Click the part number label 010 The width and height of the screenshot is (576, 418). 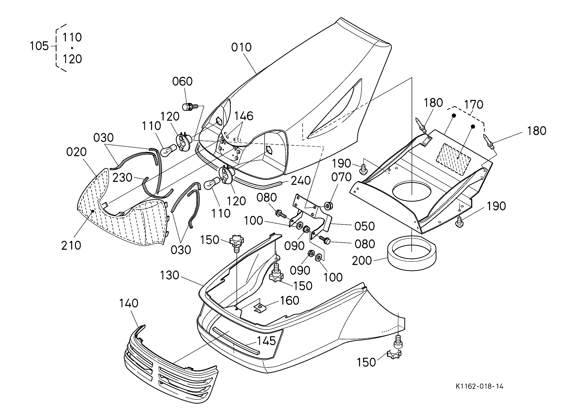click(x=241, y=48)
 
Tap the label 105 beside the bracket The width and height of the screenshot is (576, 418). click(x=39, y=46)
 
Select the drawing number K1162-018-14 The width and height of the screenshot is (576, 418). click(x=480, y=386)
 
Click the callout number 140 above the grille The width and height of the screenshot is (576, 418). click(x=129, y=303)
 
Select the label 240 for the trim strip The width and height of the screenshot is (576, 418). click(x=301, y=181)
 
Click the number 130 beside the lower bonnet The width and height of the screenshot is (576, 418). click(x=169, y=275)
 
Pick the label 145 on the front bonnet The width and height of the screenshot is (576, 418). click(x=266, y=341)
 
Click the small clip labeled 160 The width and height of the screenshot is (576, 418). click(x=260, y=308)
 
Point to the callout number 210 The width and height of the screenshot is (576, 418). click(x=71, y=246)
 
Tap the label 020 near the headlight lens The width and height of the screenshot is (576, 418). click(x=76, y=152)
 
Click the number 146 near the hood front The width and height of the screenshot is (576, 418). click(x=244, y=116)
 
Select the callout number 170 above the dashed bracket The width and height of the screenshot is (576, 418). click(x=474, y=105)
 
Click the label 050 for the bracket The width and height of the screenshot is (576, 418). click(x=365, y=226)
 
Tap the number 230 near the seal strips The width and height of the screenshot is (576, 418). click(x=123, y=178)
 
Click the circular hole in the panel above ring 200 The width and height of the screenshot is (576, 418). click(x=412, y=192)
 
